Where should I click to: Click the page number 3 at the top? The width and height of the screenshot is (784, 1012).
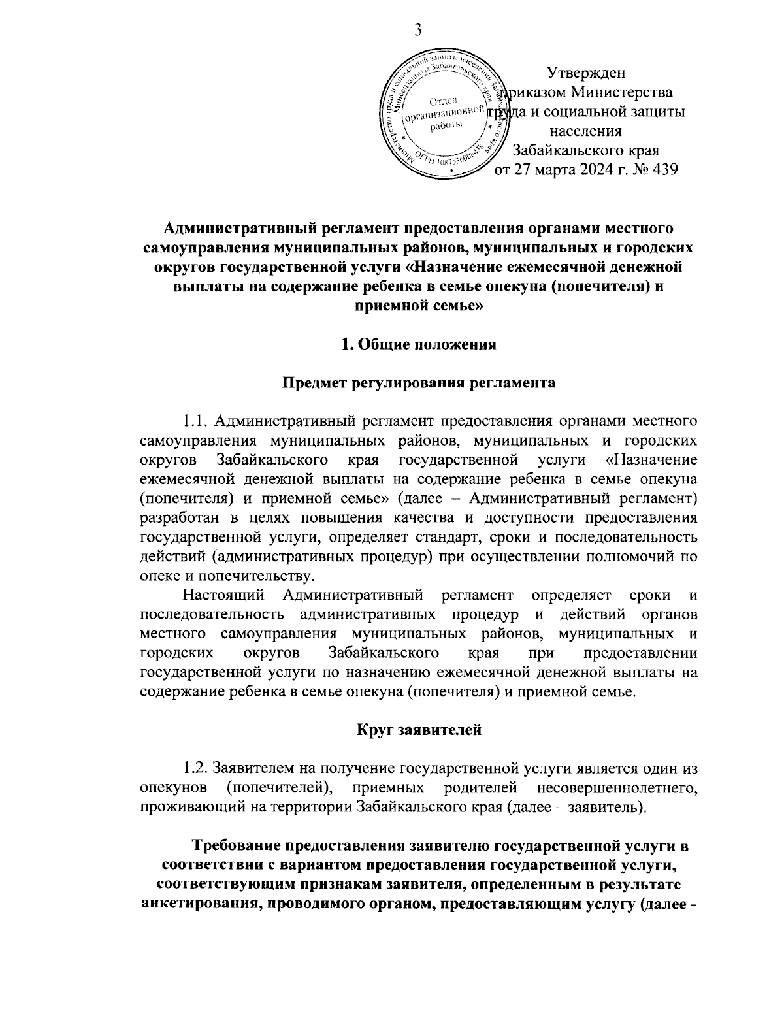pos(418,31)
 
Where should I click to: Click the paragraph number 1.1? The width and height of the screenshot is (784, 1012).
pos(195,419)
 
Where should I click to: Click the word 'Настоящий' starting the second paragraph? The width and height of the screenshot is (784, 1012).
pos(223,595)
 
